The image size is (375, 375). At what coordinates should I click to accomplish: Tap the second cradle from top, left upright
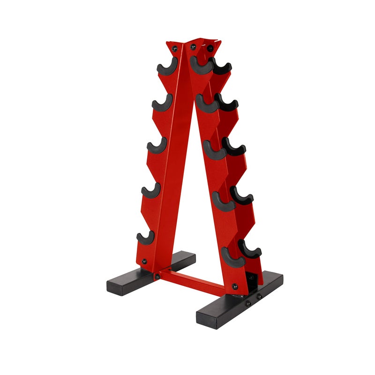(x=162, y=104)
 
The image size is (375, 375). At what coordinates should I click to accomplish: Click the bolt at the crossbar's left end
(x=157, y=277)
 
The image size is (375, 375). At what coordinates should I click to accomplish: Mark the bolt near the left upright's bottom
(x=144, y=261)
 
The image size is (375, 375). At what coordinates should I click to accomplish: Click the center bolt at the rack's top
(x=193, y=46)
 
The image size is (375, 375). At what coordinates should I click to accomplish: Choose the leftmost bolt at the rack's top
(x=174, y=48)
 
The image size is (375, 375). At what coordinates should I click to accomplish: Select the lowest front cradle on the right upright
(x=232, y=258)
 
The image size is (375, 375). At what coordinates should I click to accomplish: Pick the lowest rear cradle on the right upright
(x=249, y=249)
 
